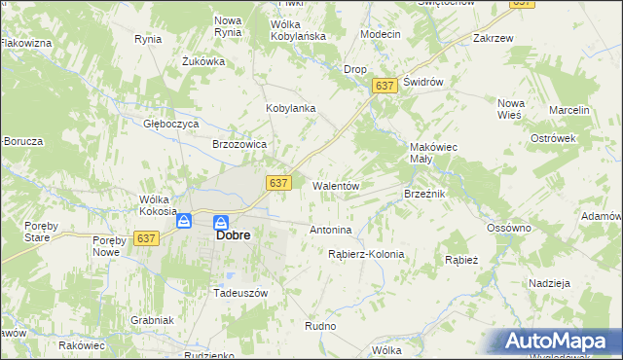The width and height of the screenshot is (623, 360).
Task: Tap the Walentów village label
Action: click(x=336, y=185)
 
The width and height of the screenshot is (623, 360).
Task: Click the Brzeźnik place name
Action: click(x=424, y=195)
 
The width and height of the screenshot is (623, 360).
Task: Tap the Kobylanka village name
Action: click(x=291, y=108)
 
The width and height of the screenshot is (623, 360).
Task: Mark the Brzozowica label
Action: click(x=239, y=143)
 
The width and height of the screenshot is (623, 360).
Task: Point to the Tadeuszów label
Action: click(x=240, y=292)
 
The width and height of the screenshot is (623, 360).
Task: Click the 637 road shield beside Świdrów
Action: click(x=384, y=87)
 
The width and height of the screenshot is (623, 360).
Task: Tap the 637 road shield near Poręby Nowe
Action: click(x=147, y=238)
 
